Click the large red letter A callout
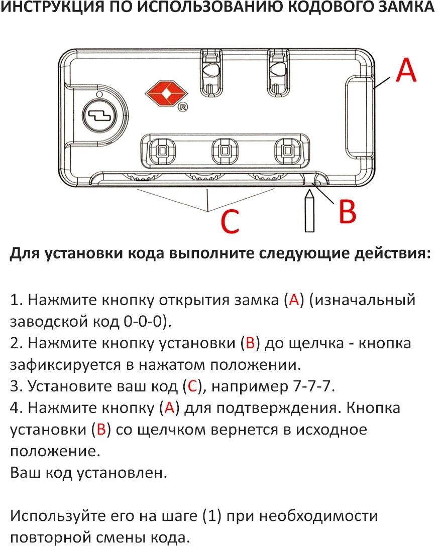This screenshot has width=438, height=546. [406, 70]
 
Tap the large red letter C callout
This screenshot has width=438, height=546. [230, 221]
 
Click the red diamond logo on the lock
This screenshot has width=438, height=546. [166, 94]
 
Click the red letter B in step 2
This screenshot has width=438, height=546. [249, 343]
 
